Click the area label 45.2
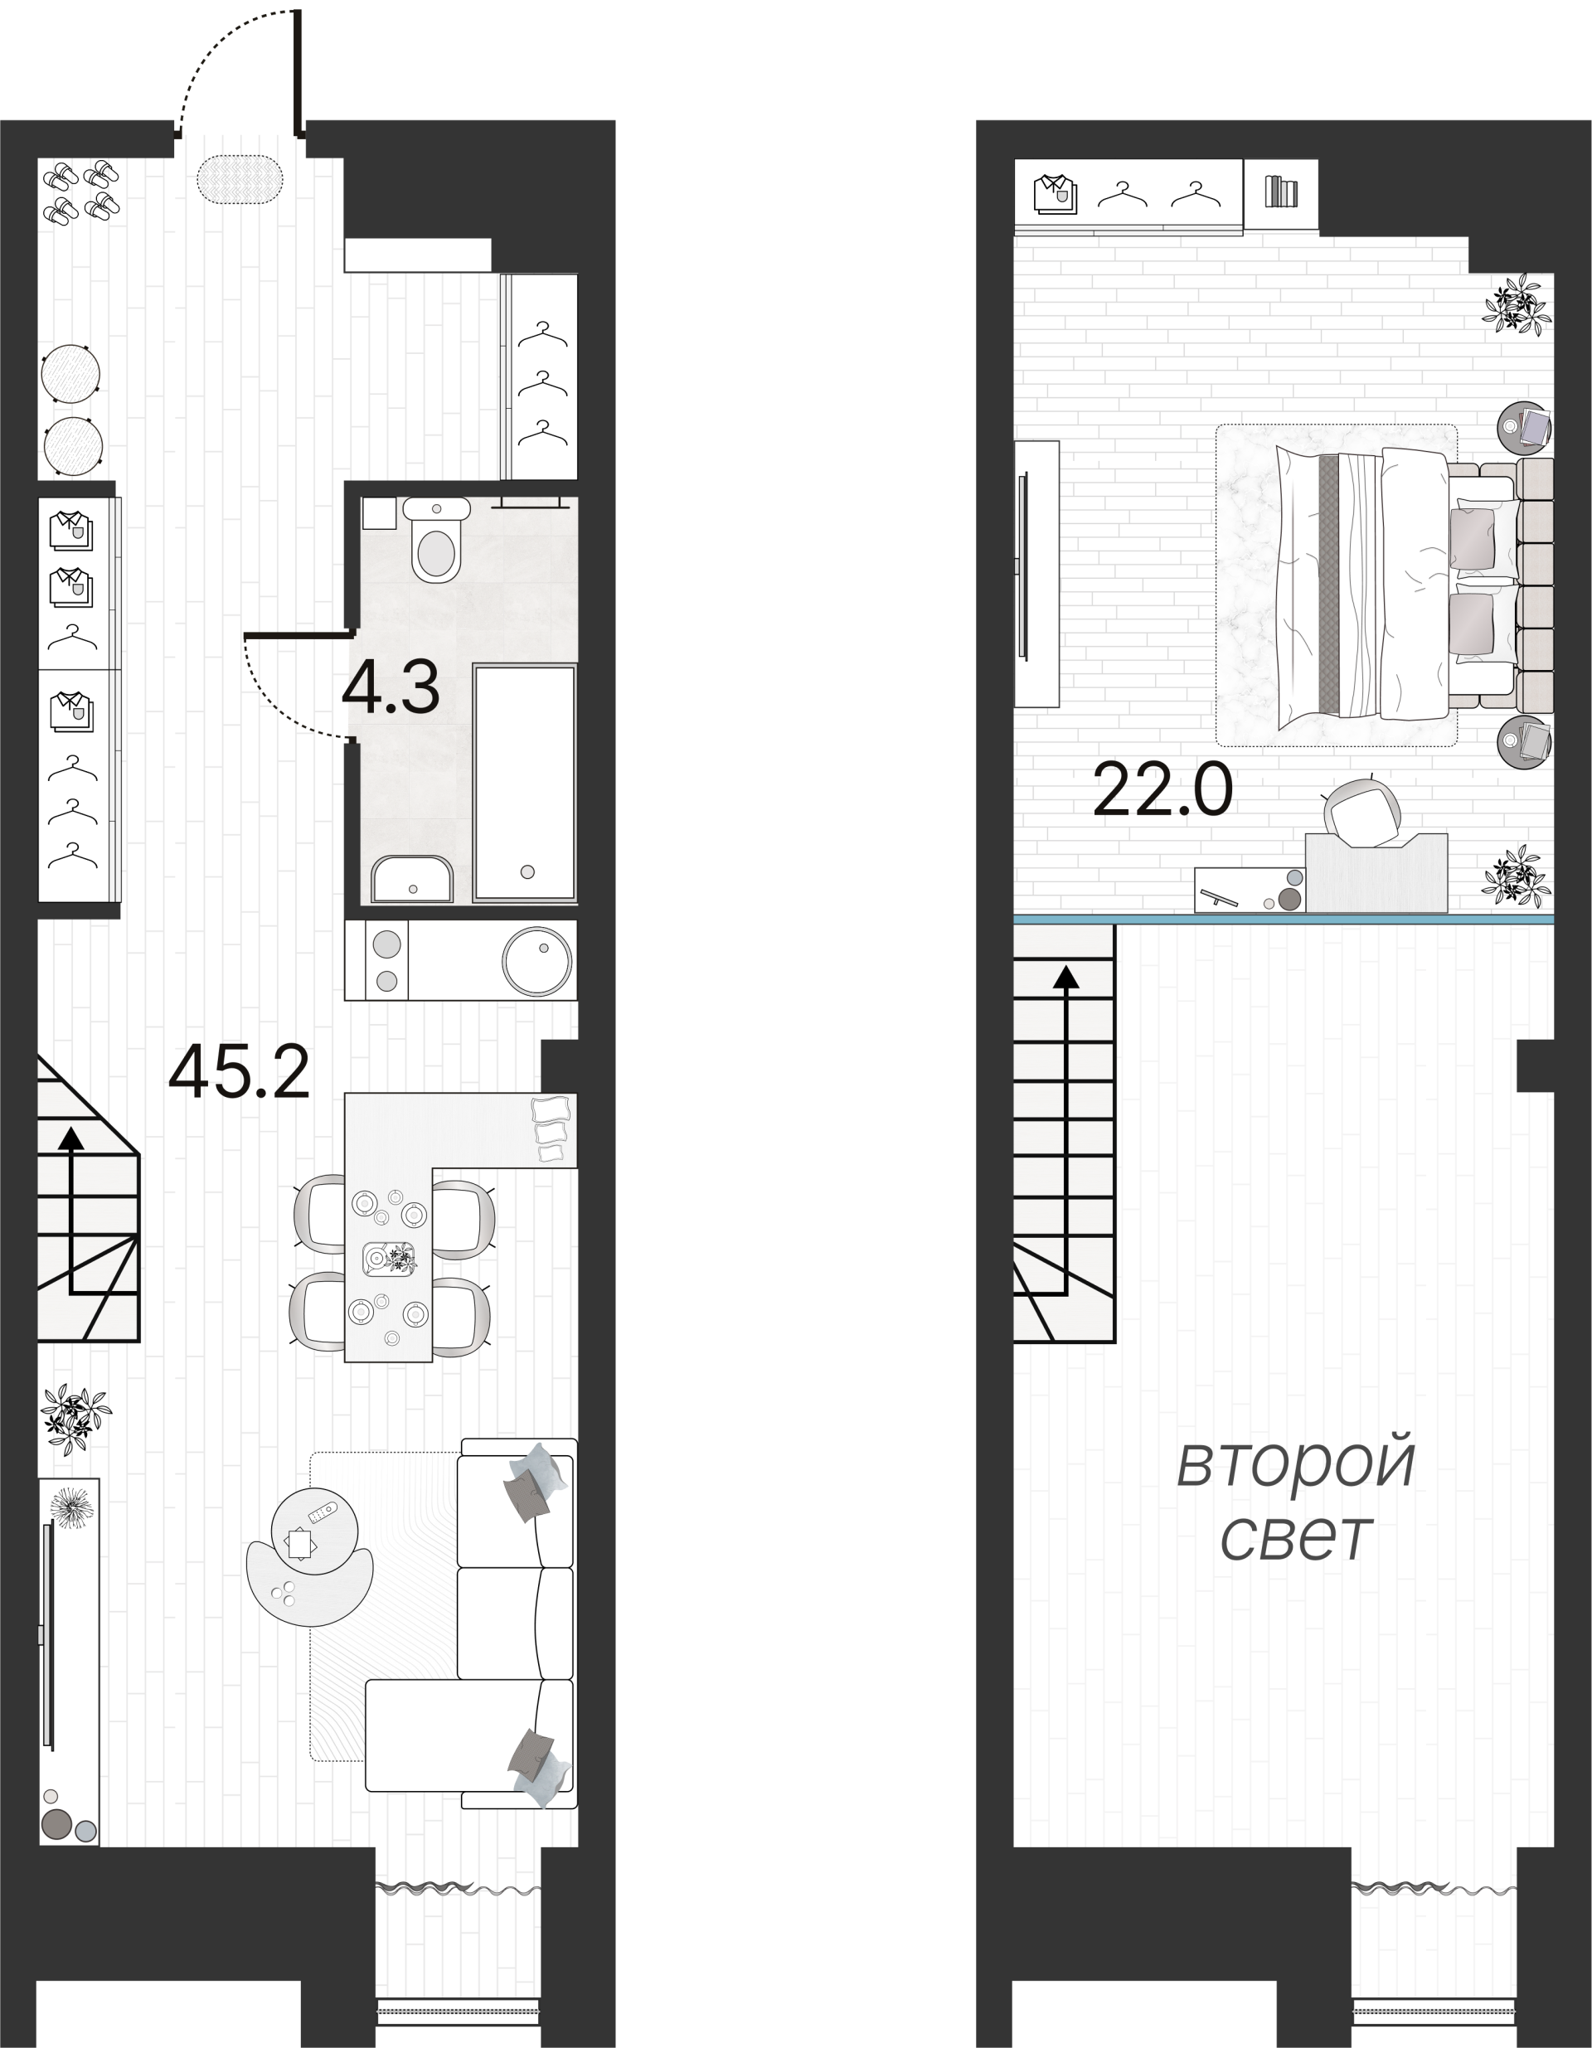pos(238,1073)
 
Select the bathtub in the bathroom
pos(524,783)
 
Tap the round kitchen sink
pos(537,960)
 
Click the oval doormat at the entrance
pos(240,178)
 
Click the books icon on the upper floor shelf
pos(1281,192)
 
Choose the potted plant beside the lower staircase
pos(74,1417)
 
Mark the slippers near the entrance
pos(80,191)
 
